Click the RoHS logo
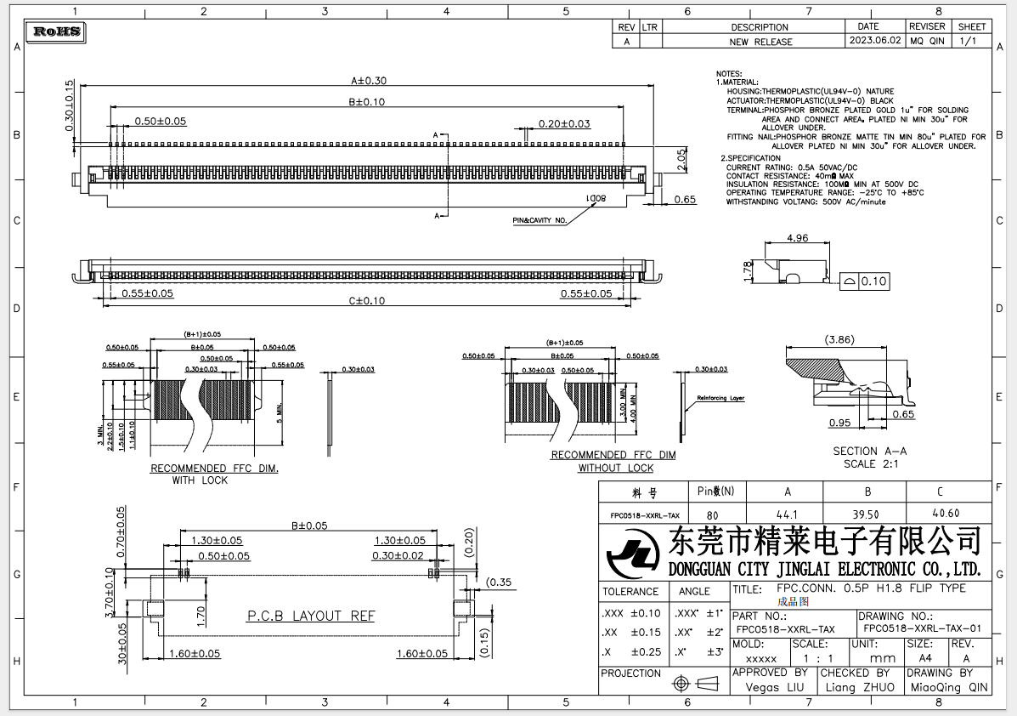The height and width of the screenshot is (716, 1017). (57, 32)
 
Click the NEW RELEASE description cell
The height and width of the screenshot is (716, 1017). (760, 41)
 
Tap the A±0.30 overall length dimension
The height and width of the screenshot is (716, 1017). (369, 81)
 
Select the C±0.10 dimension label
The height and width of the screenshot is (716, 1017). (366, 301)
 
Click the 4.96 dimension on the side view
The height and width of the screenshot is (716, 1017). (797, 238)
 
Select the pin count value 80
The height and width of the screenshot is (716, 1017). (712, 514)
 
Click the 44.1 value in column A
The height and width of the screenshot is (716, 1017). (787, 514)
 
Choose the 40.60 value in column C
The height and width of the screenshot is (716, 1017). (946, 514)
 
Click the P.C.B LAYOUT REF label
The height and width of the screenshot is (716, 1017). (310, 616)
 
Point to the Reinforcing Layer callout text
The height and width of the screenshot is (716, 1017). (720, 398)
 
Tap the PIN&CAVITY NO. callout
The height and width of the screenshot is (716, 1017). (539, 220)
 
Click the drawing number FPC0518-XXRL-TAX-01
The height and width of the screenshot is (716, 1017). (922, 629)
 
